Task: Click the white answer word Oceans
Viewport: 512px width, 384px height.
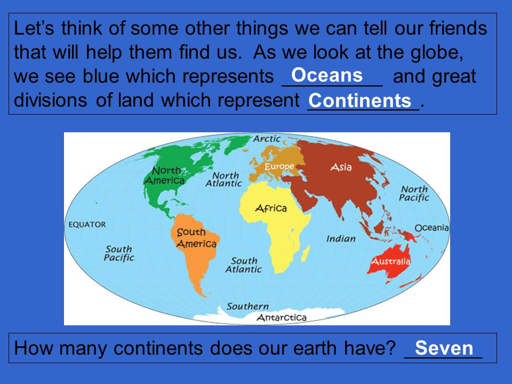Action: pos(327,75)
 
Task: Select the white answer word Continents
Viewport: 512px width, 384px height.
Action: pos(360,100)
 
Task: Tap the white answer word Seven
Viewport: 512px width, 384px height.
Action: pos(444,348)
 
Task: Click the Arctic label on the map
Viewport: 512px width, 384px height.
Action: pos(267,139)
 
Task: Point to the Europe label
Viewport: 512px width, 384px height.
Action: pos(279,166)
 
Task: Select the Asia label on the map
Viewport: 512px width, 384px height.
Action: pos(341,167)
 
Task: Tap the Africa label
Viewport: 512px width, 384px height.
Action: pos(271,208)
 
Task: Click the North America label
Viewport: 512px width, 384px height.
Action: pos(165,175)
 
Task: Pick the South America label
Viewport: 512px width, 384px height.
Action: pos(196,238)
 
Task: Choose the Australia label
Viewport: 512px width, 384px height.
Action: pos(391,261)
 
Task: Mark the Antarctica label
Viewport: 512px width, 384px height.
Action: pos(282,317)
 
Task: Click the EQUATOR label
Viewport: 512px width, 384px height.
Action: pos(87,225)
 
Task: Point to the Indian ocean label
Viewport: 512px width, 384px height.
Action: pos(341,239)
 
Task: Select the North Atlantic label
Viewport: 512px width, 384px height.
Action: pos(224,180)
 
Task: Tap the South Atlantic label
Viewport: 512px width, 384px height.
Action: pos(244,265)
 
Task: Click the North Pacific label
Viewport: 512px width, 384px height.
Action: pos(414,193)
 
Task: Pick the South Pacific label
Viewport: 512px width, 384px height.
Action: pos(119,253)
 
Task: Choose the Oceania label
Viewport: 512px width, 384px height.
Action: pos(431,228)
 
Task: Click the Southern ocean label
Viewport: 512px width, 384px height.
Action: pos(247,306)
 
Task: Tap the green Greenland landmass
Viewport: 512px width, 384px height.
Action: pos(237,143)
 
